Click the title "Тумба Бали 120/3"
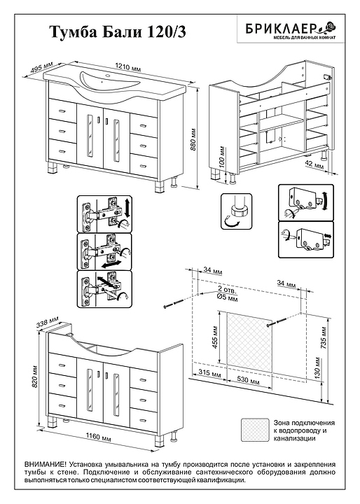point(118,33)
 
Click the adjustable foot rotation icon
point(236,211)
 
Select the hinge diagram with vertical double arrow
point(104,213)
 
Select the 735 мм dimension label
point(324,337)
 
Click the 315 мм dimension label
point(209,374)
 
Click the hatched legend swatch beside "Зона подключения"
point(255,430)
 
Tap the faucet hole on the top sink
point(108,76)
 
